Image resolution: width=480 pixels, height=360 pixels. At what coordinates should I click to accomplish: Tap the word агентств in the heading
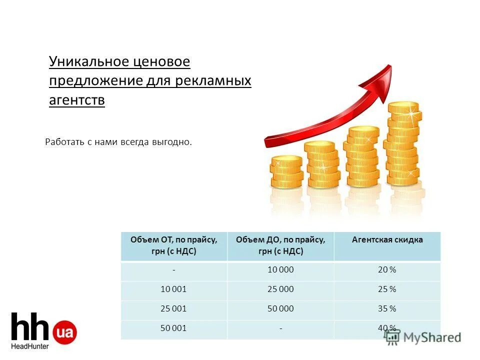(x=77, y=100)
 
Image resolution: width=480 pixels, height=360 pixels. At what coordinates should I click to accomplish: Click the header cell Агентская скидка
(x=387, y=240)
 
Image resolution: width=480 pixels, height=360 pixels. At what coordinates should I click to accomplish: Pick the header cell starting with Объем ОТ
(x=173, y=245)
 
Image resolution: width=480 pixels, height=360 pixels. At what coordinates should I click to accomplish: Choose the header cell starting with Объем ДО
(x=280, y=245)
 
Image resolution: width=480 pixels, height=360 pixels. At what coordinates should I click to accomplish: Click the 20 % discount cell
(x=387, y=270)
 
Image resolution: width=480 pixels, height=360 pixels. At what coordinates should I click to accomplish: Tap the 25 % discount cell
(x=387, y=289)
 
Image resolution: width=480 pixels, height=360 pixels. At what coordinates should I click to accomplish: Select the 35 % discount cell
(x=387, y=309)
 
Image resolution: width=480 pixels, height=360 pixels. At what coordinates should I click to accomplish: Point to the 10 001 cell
(x=173, y=289)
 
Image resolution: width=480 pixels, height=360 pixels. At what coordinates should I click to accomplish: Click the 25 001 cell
(x=173, y=309)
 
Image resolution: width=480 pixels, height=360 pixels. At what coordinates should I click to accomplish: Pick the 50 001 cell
(x=173, y=328)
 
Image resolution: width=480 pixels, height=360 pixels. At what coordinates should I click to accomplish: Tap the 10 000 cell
(x=280, y=270)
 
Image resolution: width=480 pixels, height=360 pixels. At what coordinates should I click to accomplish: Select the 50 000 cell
(x=280, y=309)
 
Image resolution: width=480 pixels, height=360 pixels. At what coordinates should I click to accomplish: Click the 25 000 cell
(x=280, y=289)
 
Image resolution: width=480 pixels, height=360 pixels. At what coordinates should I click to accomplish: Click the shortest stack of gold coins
(x=286, y=171)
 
